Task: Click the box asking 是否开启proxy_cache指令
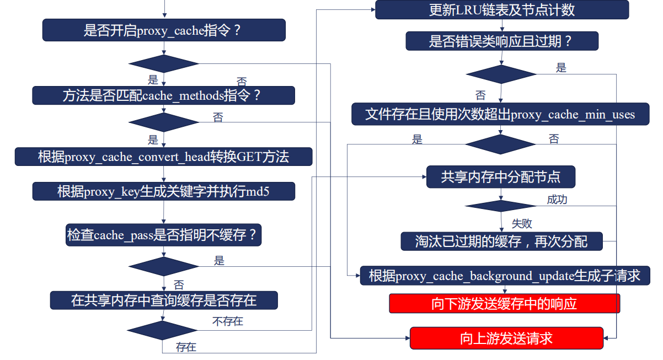coord(164,30)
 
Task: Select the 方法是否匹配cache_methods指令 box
coord(163,95)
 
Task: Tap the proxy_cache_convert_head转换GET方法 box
coord(163,157)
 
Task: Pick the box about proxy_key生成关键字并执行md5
coord(163,191)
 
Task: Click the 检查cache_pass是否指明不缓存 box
coord(163,235)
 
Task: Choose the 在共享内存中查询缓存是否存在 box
coord(163,300)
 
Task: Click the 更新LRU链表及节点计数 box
coord(502,10)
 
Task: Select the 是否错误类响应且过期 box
coord(502,41)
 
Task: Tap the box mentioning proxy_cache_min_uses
coord(500,115)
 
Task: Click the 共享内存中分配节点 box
coord(501,177)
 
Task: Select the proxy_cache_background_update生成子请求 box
coord(504,275)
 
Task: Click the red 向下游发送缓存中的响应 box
coord(504,304)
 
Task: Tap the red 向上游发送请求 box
coord(506,338)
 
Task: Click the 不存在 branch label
coord(227,321)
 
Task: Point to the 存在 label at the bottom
coord(186,347)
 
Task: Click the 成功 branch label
coord(557,200)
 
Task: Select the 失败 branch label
coord(521,223)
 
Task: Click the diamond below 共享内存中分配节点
coord(500,206)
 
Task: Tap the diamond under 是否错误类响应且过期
coord(501,74)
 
